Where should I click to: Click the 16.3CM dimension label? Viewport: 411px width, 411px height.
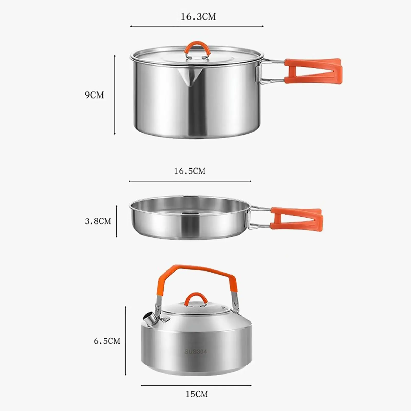tap(198, 17)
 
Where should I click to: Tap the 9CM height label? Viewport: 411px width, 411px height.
tap(94, 95)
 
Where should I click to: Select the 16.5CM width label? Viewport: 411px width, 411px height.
tap(190, 171)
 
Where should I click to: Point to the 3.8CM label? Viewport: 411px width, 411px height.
tap(98, 221)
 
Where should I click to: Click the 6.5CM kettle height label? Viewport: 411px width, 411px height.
tap(107, 341)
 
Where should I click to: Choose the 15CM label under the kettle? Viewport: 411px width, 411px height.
tap(197, 394)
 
